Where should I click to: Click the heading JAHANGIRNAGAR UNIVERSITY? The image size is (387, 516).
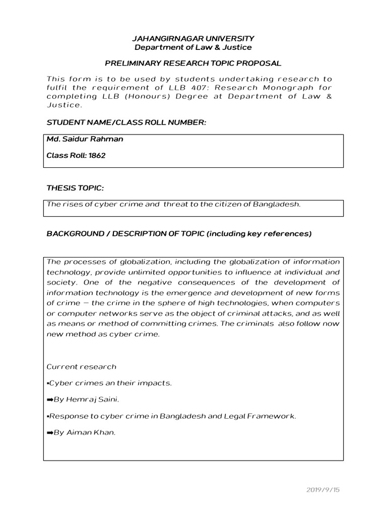(193, 38)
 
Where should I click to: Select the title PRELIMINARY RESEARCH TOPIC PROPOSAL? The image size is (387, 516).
(193, 63)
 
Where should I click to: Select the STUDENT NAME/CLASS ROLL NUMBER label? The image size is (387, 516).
(126, 122)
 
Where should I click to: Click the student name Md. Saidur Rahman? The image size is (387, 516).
(84, 139)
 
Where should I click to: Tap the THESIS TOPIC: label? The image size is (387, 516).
(75, 188)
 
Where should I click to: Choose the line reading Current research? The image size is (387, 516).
(81, 366)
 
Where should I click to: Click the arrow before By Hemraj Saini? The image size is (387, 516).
(50, 400)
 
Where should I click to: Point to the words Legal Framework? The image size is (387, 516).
(267, 416)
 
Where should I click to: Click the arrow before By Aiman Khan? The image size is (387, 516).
(50, 433)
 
